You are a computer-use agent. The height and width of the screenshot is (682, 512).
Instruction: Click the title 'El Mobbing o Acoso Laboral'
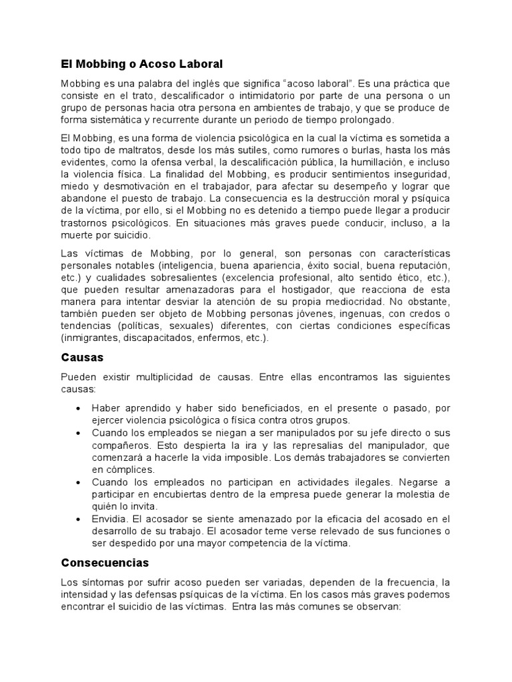click(141, 64)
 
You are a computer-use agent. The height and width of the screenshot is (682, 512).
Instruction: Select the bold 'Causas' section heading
click(82, 358)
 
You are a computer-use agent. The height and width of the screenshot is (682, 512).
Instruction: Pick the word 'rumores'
click(301, 150)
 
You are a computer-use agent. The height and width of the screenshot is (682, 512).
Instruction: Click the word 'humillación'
click(389, 162)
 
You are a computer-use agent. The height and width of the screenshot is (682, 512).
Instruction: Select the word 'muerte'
click(78, 236)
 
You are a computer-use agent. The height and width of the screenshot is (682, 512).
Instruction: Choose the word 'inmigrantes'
click(91, 338)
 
